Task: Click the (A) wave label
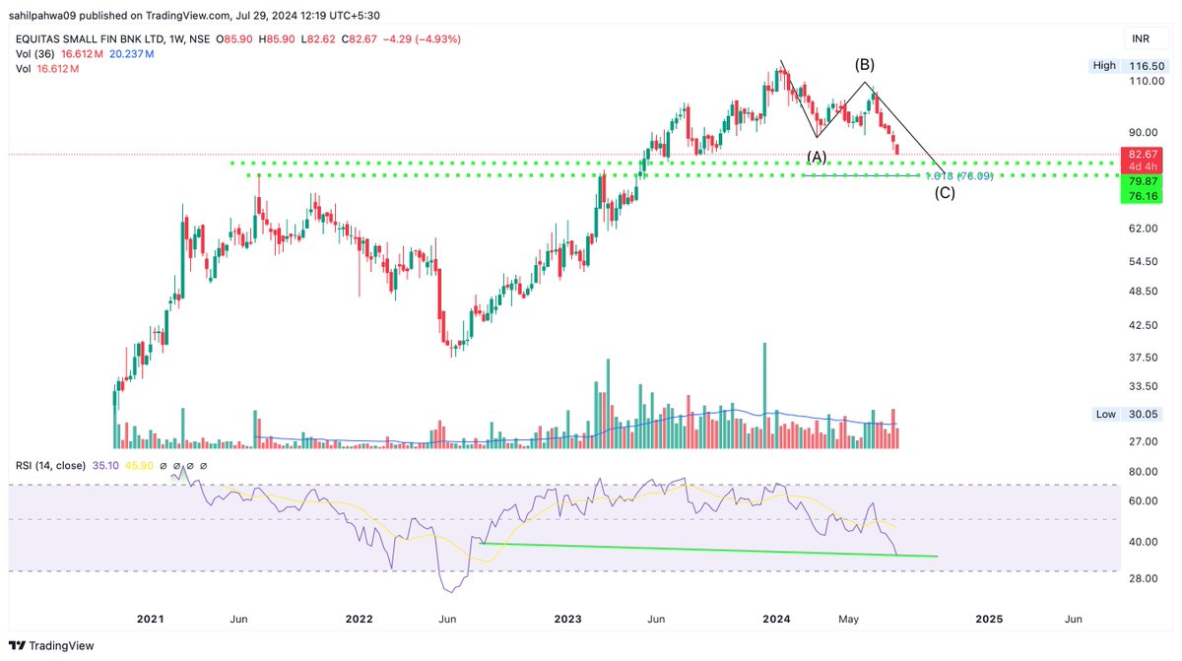817,156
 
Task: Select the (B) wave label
864,65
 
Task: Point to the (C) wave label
944,193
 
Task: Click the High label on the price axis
1104,65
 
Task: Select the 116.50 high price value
1146,65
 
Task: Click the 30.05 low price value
1146,415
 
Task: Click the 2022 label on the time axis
360,619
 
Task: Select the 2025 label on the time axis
989,619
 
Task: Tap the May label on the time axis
849,619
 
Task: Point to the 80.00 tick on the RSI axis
1142,472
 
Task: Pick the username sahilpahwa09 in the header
48,14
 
